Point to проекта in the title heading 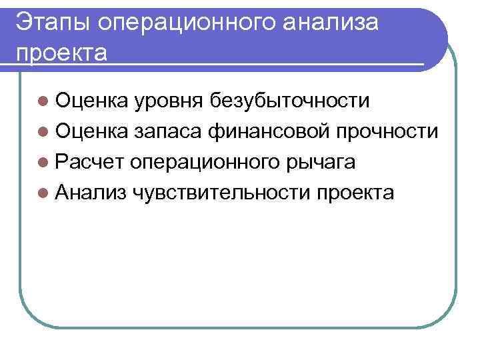pyautogui.click(x=61, y=53)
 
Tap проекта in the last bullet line pyautogui.click(x=356, y=193)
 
